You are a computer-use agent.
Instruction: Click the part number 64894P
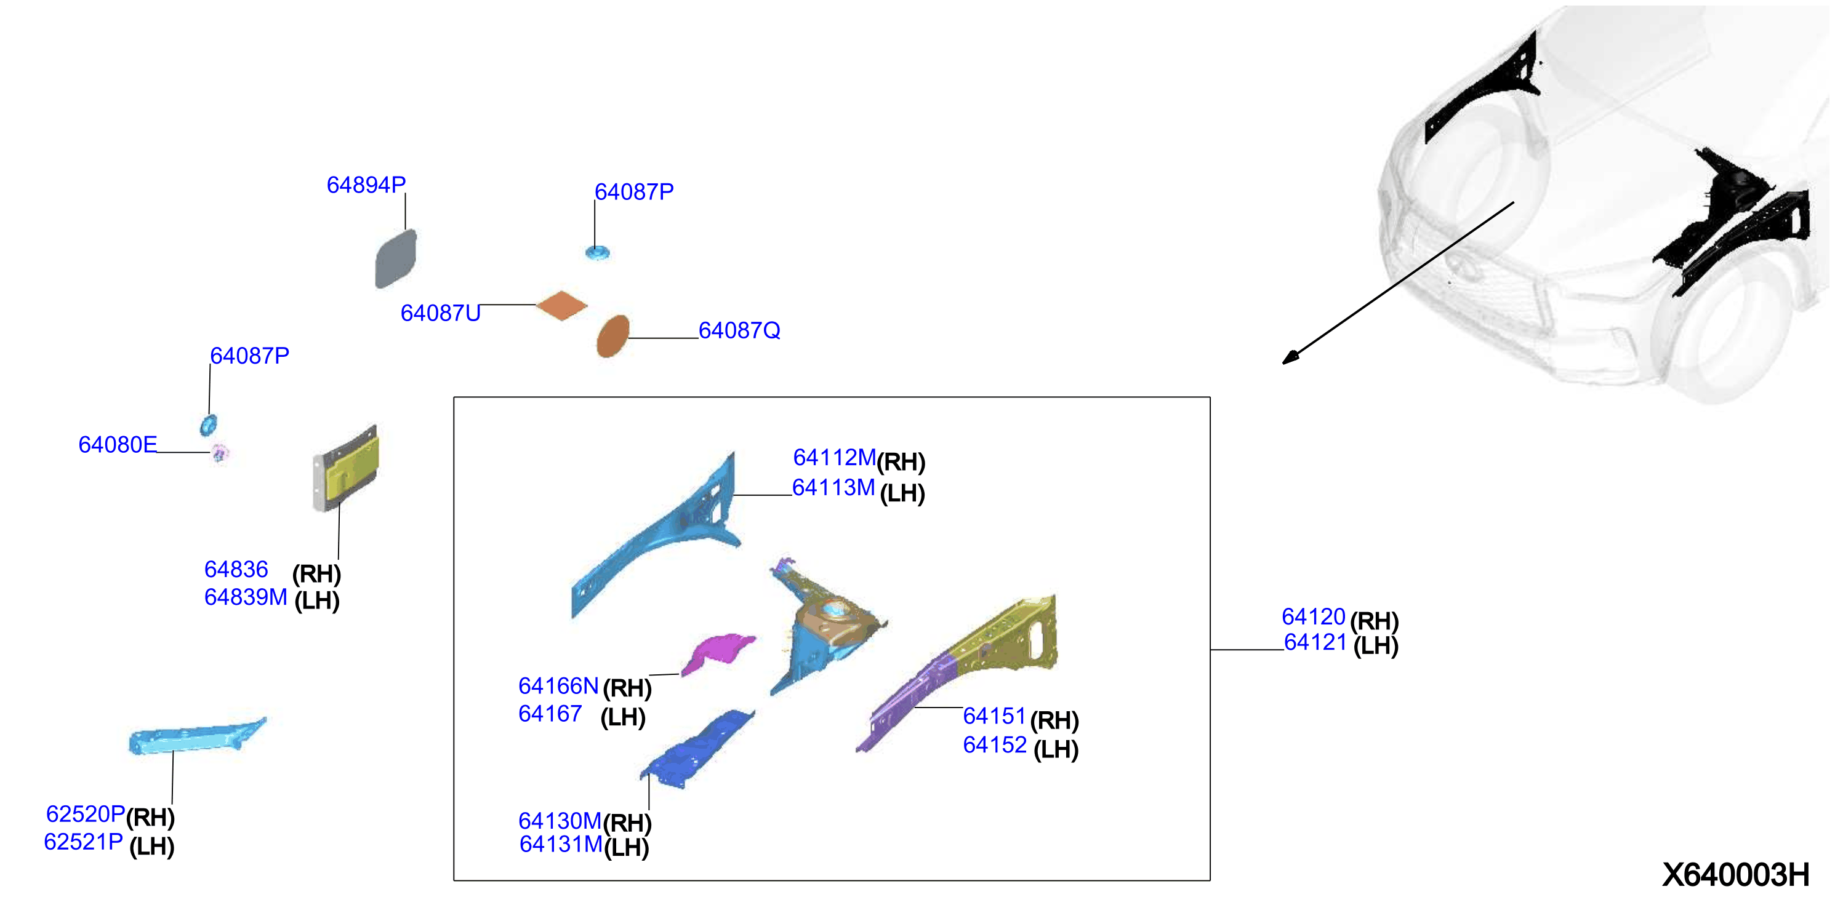click(366, 185)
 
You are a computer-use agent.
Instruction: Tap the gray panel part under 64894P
click(396, 258)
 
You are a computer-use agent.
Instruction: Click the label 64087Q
click(739, 330)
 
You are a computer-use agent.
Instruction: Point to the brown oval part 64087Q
click(612, 335)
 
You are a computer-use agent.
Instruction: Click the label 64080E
click(118, 444)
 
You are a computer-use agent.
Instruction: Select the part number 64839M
click(246, 597)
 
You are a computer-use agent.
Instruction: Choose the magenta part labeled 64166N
click(717, 653)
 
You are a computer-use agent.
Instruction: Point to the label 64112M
click(834, 457)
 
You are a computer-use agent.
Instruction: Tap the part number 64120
click(1314, 616)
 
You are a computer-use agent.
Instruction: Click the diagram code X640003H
click(1735, 874)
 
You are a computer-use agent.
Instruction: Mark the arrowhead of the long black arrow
click(1290, 358)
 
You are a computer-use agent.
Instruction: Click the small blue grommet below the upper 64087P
click(598, 253)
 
